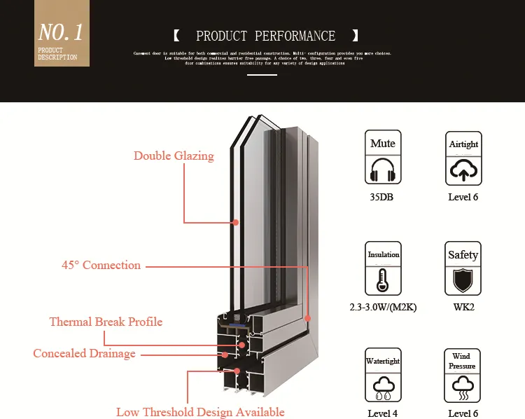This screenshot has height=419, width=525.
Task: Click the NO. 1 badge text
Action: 61,32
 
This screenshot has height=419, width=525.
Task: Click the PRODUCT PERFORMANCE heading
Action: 265,36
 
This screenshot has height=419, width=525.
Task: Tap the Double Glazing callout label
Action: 174,156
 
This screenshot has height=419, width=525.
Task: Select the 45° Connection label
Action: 101,265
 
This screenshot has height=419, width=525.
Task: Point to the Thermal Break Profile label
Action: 106,322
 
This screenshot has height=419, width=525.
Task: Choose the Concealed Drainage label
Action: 84,353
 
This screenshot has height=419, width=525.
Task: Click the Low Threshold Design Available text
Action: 200,412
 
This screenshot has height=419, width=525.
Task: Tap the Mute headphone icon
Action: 383,170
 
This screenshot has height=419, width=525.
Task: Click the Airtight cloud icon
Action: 463,171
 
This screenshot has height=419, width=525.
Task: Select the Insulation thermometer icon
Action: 383,280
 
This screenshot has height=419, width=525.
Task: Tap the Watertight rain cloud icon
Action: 383,385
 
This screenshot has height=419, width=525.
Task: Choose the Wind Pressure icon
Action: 462,385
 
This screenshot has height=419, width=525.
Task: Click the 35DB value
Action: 383,197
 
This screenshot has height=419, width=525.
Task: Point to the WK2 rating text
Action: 463,307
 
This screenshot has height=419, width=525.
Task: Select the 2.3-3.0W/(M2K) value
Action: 383,307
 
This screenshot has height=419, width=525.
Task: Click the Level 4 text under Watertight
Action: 383,413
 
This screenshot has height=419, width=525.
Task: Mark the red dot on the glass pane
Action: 236,222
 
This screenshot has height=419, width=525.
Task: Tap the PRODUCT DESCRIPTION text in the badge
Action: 57,54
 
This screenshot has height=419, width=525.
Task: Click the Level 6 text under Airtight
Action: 463,197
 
